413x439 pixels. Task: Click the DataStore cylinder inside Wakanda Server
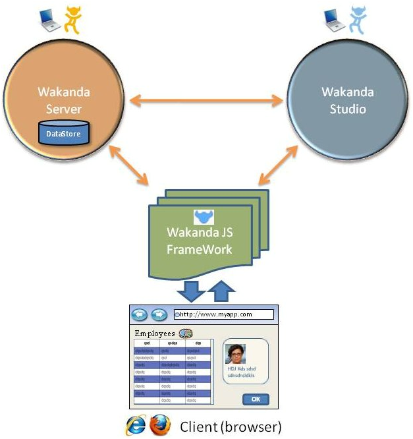coord(64,134)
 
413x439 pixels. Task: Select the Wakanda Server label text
coord(64,99)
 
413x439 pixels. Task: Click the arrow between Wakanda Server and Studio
coord(206,101)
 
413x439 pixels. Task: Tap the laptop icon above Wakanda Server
coord(49,22)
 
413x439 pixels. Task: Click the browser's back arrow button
coord(140,314)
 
